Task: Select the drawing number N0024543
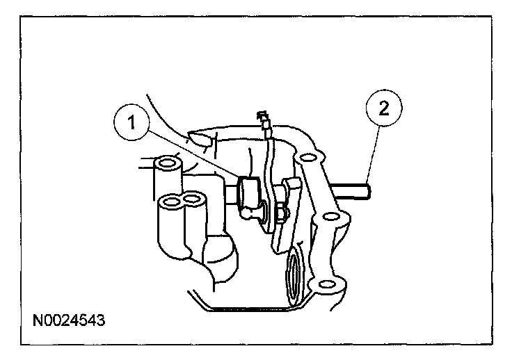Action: (69, 322)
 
